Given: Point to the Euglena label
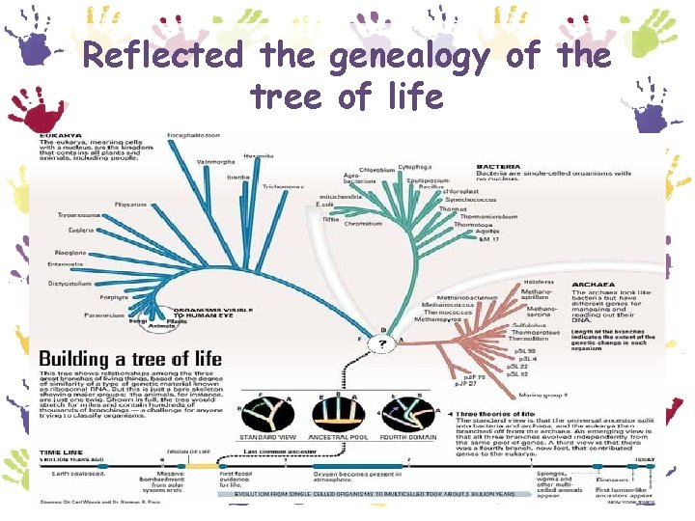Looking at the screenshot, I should (x=80, y=232).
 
